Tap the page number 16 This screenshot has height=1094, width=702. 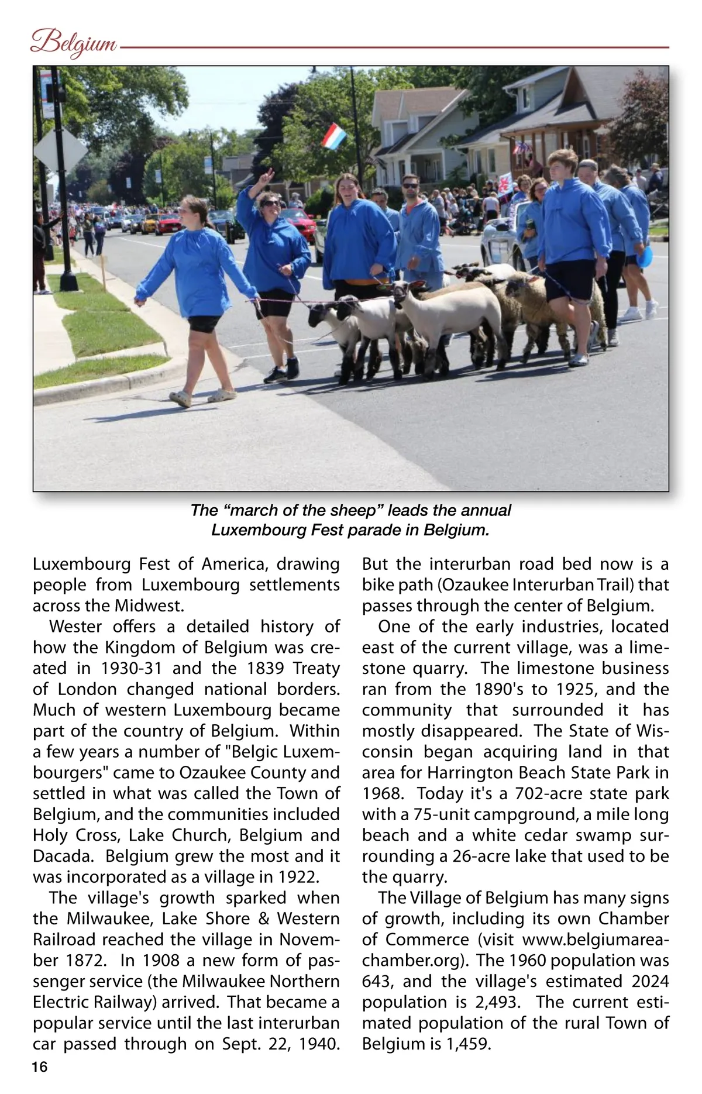coord(40,1066)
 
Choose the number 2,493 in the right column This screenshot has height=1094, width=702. coord(497,1002)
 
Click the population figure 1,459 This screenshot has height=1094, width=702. coord(468,1044)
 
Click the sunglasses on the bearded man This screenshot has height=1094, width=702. coord(411,186)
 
